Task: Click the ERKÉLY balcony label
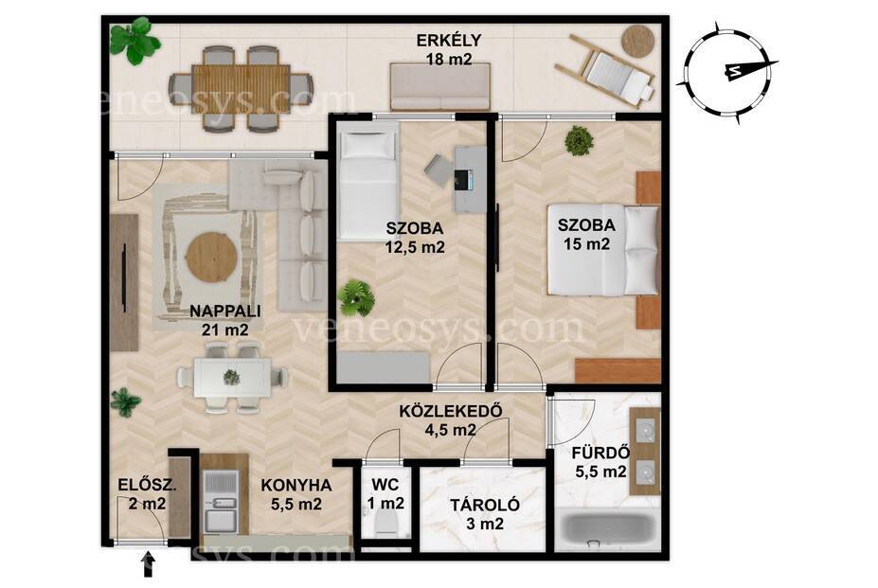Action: pyautogui.click(x=449, y=41)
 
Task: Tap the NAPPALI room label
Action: pyautogui.click(x=225, y=311)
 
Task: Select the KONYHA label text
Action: pyautogui.click(x=296, y=485)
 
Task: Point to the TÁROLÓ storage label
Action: pyautogui.click(x=485, y=505)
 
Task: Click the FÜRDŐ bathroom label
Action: pyautogui.click(x=600, y=452)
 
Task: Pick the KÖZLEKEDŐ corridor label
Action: pyautogui.click(x=449, y=411)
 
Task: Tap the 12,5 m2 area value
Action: pyautogui.click(x=415, y=247)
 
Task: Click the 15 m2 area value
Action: pyautogui.click(x=586, y=244)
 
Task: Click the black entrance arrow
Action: pyautogui.click(x=149, y=564)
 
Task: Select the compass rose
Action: pyautogui.click(x=726, y=72)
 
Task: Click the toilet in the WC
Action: pyautogui.click(x=385, y=525)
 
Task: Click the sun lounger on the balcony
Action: pyautogui.click(x=604, y=69)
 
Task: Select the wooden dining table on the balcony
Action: pyautogui.click(x=241, y=89)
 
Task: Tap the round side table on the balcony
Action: pyautogui.click(x=637, y=41)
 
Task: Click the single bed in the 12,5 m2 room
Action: pyautogui.click(x=367, y=183)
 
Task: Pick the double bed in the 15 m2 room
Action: pyautogui.click(x=603, y=250)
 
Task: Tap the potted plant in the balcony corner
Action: pyautogui.click(x=134, y=41)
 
